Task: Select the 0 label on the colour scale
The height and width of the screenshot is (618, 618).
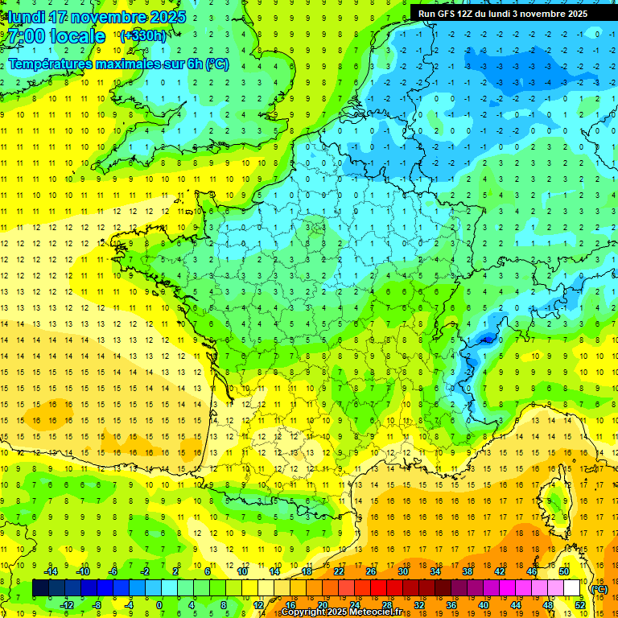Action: click(159, 605)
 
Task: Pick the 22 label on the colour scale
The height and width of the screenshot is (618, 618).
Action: click(339, 571)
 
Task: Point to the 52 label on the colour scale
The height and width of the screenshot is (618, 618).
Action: click(580, 605)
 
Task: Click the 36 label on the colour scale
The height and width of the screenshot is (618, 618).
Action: click(451, 605)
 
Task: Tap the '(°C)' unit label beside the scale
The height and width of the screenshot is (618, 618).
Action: click(599, 589)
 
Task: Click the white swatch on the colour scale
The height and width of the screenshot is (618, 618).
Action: click(572, 588)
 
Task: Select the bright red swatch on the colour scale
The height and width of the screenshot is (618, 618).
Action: click(378, 588)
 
